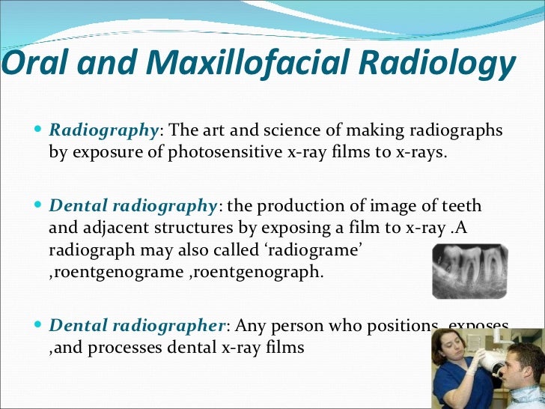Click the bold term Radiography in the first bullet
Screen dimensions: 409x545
[x=104, y=130]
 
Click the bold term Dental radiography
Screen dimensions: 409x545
[x=133, y=205]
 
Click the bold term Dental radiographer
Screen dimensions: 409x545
[x=137, y=327]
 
